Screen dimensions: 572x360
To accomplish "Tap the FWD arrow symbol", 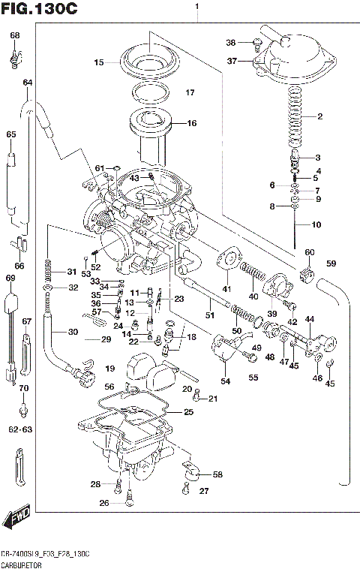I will (16, 519).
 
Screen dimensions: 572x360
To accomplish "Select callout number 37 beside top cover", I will (232, 61).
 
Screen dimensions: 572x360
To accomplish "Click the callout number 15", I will (98, 62).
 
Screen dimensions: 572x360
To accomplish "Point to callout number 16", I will (191, 123).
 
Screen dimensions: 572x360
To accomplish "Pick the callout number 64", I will (28, 83).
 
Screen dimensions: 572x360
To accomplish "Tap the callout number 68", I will (15, 35).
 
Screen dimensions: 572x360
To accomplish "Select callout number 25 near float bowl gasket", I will (188, 413).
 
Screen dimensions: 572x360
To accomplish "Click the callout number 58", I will (217, 475).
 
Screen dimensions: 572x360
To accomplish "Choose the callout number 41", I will (226, 288).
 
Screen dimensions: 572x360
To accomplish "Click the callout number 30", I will (73, 332).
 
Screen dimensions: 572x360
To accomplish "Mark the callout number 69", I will (10, 278).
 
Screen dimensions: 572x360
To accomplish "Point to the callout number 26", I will (105, 502).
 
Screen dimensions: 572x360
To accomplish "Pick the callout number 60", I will (310, 251).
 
